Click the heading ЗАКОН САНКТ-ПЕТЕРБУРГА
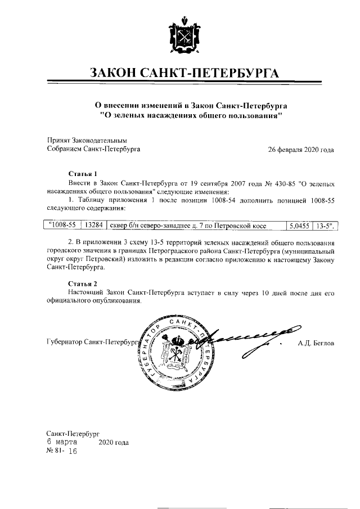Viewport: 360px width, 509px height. (179, 74)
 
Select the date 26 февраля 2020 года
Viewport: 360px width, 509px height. (301, 150)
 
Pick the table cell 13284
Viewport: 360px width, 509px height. (93, 226)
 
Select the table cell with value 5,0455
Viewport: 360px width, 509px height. (298, 226)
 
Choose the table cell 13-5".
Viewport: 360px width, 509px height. (325, 226)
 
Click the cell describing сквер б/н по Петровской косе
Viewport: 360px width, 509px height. (187, 226)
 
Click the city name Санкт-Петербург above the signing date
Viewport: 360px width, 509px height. (73, 434)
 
